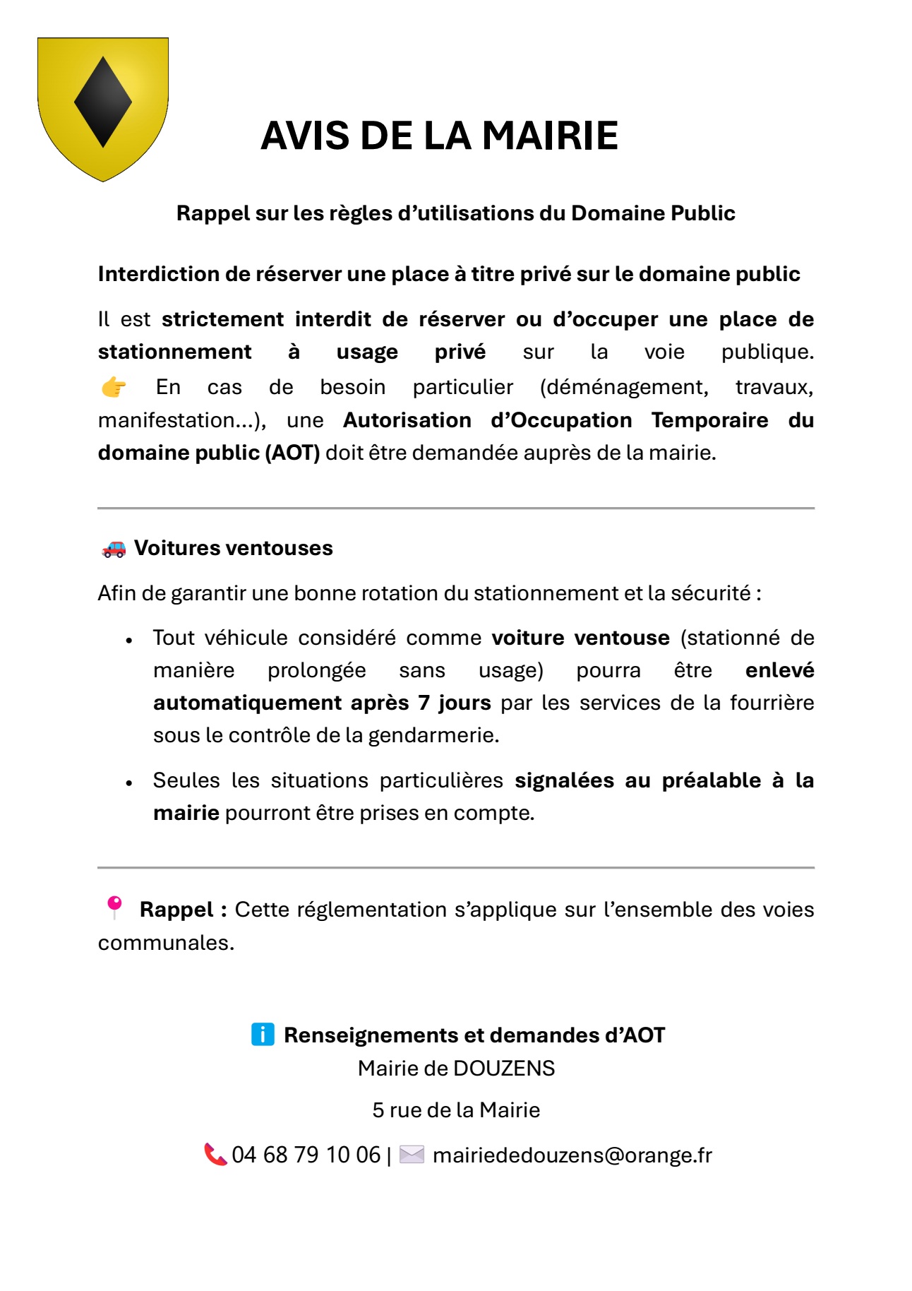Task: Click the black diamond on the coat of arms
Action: pyautogui.click(x=103, y=102)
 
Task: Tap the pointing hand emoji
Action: pyautogui.click(x=113, y=387)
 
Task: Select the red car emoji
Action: pyautogui.click(x=114, y=548)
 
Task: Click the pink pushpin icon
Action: pyautogui.click(x=114, y=907)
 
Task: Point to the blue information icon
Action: pyautogui.click(x=263, y=1035)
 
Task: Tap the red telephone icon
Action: pyautogui.click(x=215, y=1155)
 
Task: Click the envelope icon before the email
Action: pyautogui.click(x=412, y=1155)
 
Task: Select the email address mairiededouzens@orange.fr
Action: pyautogui.click(x=572, y=1155)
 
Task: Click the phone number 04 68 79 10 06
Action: pyautogui.click(x=306, y=1155)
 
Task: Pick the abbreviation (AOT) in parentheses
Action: pyautogui.click(x=292, y=453)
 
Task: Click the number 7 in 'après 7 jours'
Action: pyautogui.click(x=424, y=703)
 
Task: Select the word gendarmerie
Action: pyautogui.click(x=433, y=736)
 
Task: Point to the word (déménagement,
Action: pyautogui.click(x=624, y=387)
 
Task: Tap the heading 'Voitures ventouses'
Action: pyautogui.click(x=233, y=548)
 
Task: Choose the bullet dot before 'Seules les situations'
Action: pyautogui.click(x=129, y=783)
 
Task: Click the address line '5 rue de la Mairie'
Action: pyautogui.click(x=456, y=1110)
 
